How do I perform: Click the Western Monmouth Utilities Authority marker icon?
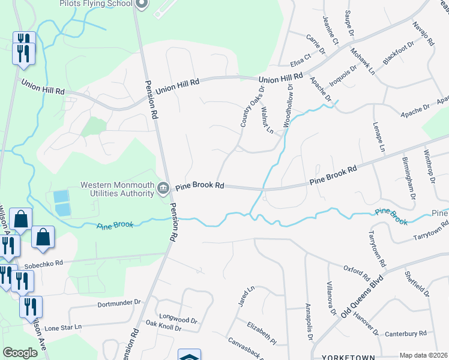point(163,188)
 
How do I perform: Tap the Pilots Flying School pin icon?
point(142,5)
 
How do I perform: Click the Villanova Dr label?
point(331,298)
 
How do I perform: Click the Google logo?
point(20,353)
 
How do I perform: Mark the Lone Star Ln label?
point(62,328)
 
